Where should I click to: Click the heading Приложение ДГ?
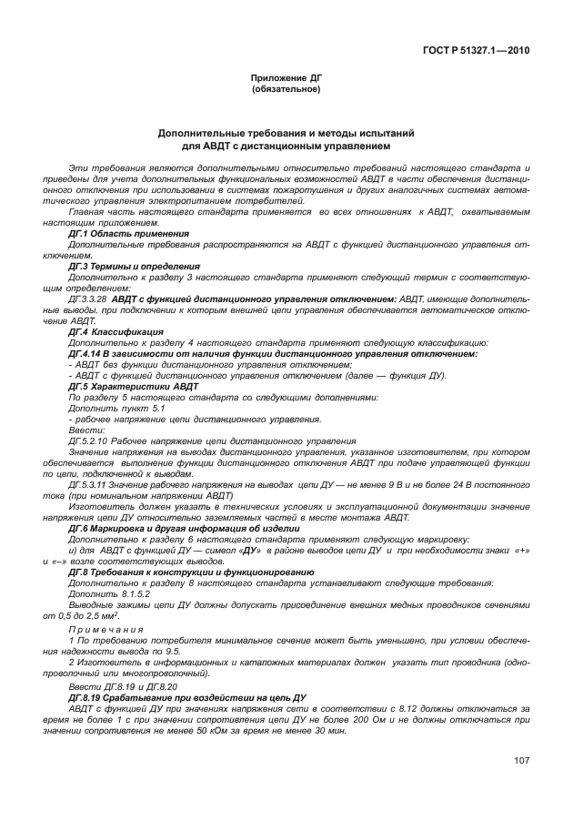tap(286, 79)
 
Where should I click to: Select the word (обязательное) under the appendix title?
tap(286, 89)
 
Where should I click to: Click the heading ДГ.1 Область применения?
tap(129, 234)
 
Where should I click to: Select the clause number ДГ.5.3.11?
tap(88, 484)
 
